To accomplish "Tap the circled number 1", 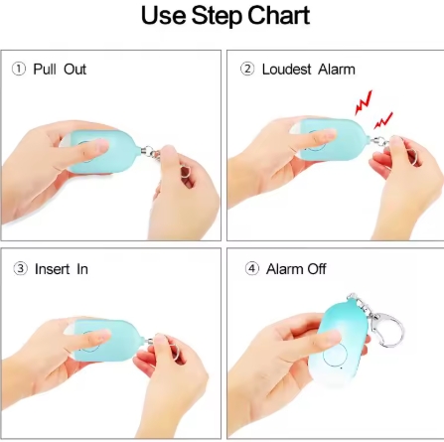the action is (x=19, y=70).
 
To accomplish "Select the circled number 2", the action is (x=247, y=70).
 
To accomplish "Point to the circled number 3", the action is (x=20, y=268).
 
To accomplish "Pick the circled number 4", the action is (x=252, y=268).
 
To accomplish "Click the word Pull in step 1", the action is (x=44, y=70).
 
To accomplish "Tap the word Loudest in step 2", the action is (x=287, y=70).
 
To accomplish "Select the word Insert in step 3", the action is (x=53, y=268).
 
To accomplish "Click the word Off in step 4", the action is (x=317, y=268).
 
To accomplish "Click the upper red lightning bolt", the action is (x=364, y=102).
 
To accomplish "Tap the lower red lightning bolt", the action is (x=383, y=120).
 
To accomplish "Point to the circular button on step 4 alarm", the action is (x=335, y=355).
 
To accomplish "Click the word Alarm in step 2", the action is (x=337, y=70).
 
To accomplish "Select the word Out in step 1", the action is (x=75, y=70).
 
